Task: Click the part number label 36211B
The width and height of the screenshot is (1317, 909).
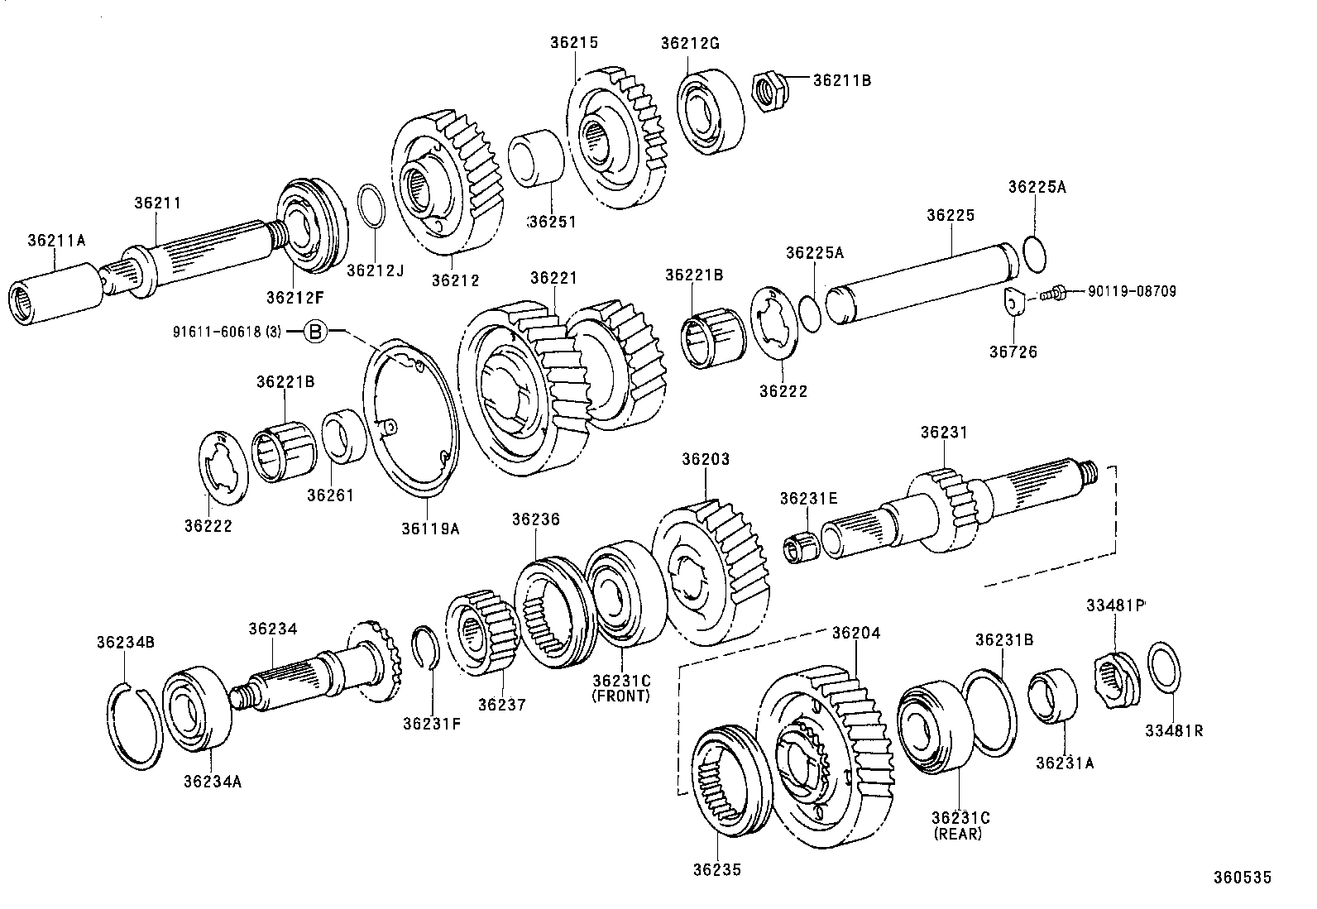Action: pyautogui.click(x=841, y=80)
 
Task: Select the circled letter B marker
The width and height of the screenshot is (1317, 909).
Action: pyautogui.click(x=315, y=333)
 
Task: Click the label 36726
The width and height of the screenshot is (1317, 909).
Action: pyautogui.click(x=1013, y=352)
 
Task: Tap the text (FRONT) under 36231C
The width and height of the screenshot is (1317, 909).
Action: pyautogui.click(x=621, y=696)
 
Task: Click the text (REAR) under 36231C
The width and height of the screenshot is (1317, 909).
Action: pyautogui.click(x=958, y=835)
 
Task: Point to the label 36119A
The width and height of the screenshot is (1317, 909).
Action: pyautogui.click(x=430, y=528)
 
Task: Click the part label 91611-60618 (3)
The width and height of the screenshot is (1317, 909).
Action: pyautogui.click(x=227, y=333)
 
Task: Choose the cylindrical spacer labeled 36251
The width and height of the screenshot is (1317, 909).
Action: pyautogui.click(x=535, y=156)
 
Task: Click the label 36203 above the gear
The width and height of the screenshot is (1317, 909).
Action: pyautogui.click(x=706, y=459)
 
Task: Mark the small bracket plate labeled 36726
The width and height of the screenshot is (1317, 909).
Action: pyautogui.click(x=1014, y=302)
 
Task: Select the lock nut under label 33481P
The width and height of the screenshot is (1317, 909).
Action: pyautogui.click(x=1113, y=676)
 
